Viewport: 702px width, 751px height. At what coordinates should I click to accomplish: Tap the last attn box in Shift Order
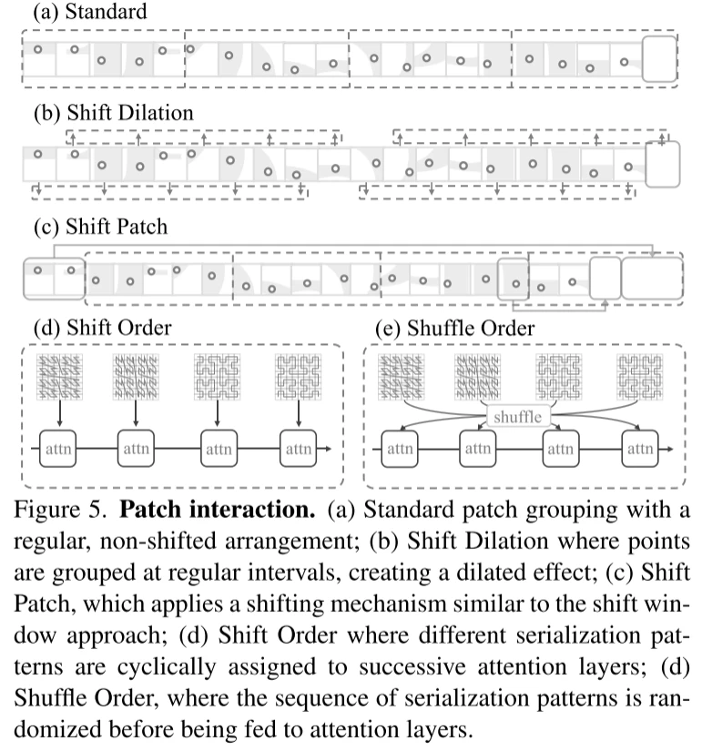[x=299, y=449]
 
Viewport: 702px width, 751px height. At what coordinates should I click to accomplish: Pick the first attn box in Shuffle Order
[x=401, y=449]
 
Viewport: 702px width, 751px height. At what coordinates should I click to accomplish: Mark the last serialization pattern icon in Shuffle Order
[x=640, y=376]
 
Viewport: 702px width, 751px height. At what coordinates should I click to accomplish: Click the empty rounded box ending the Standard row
[x=659, y=59]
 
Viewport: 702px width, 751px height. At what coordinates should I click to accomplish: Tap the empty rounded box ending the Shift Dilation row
[x=662, y=164]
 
